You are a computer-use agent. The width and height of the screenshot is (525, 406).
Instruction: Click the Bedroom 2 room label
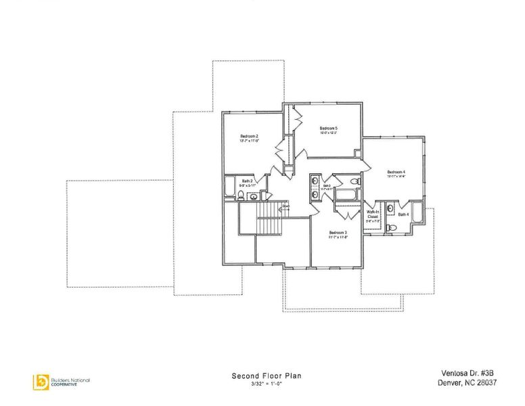pyautogui.click(x=250, y=136)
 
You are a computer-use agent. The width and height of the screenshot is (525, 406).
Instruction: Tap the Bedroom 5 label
pyautogui.click(x=329, y=129)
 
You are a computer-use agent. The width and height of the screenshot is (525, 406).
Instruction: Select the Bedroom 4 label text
pyautogui.click(x=396, y=172)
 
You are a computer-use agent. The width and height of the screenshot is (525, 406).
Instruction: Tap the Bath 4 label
pyautogui.click(x=403, y=215)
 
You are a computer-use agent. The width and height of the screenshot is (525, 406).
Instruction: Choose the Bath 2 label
pyautogui.click(x=247, y=181)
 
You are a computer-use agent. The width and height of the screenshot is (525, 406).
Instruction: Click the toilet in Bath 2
pyautogui.click(x=240, y=196)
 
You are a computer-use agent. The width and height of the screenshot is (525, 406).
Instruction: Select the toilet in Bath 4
pyautogui.click(x=390, y=228)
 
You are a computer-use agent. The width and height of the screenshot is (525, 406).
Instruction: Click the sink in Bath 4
pyautogui.click(x=391, y=208)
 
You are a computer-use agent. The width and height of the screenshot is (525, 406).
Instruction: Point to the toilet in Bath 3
pyautogui.click(x=354, y=182)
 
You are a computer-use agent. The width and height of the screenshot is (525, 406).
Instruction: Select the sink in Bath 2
pyautogui.click(x=253, y=197)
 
